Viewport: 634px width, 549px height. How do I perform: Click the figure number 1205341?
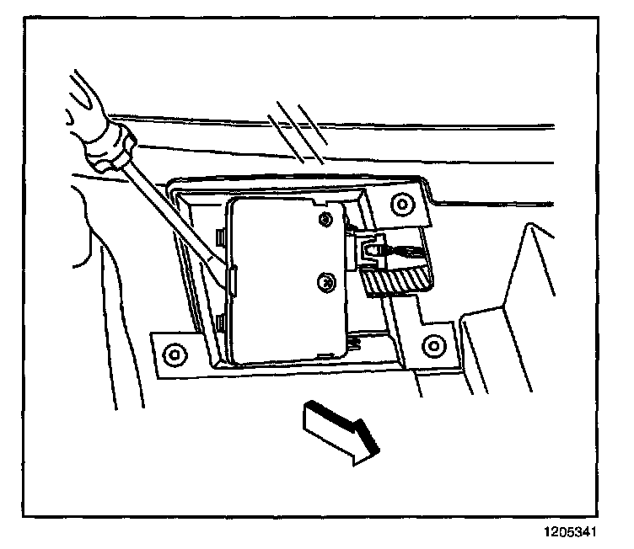click(581, 532)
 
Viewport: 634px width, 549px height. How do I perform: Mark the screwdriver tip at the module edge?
click(226, 273)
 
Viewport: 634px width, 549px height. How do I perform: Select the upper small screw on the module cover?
click(325, 220)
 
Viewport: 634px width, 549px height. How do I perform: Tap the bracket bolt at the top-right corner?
click(400, 204)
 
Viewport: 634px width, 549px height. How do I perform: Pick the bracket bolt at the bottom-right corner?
click(434, 344)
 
